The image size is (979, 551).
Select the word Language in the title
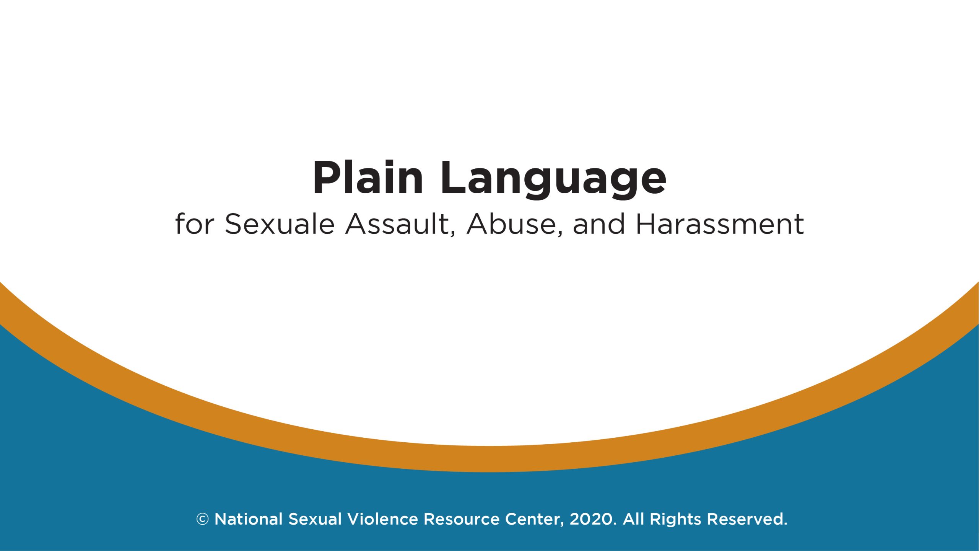(553, 179)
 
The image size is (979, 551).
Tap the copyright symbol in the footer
(202, 519)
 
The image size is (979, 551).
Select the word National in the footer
(249, 519)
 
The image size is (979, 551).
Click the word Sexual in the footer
(315, 519)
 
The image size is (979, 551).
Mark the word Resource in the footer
(462, 519)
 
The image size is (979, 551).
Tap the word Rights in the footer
(675, 519)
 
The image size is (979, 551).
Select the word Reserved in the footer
(747, 519)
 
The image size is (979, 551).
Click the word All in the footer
(633, 519)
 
